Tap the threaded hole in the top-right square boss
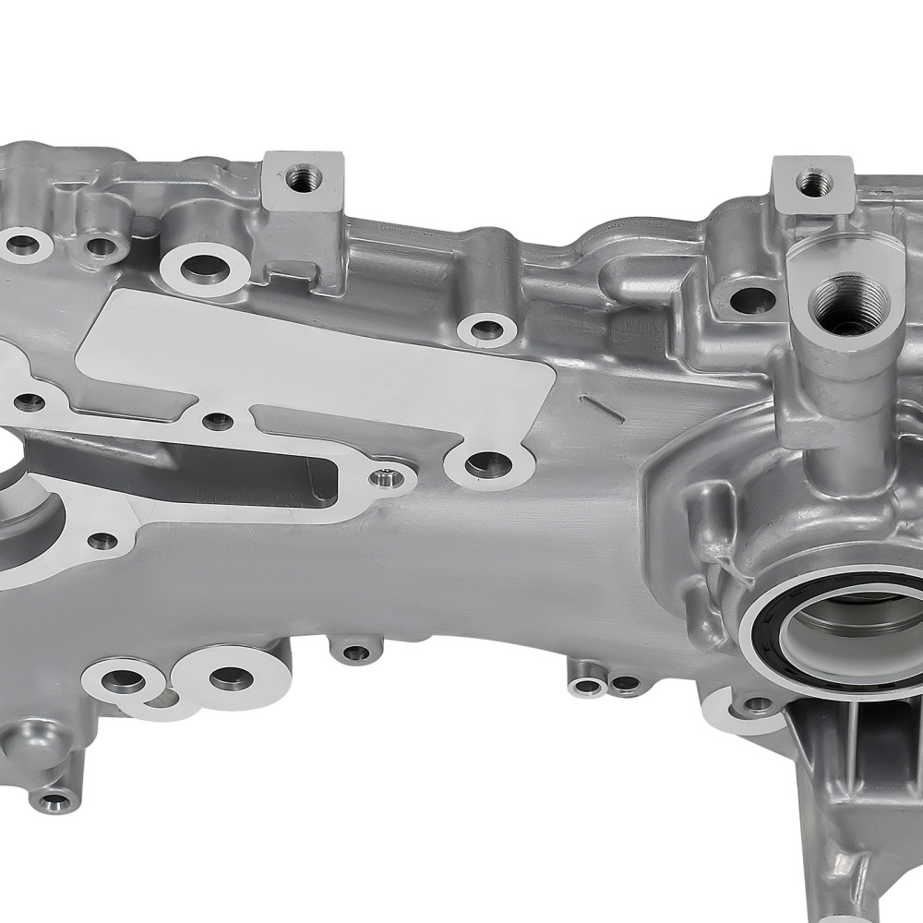(x=811, y=182)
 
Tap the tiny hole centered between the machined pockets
(x=218, y=422)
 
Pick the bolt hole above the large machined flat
(x=485, y=329)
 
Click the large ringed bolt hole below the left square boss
(x=204, y=269)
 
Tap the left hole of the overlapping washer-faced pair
(x=124, y=682)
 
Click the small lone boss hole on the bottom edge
(x=356, y=653)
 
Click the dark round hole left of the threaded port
(x=751, y=300)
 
